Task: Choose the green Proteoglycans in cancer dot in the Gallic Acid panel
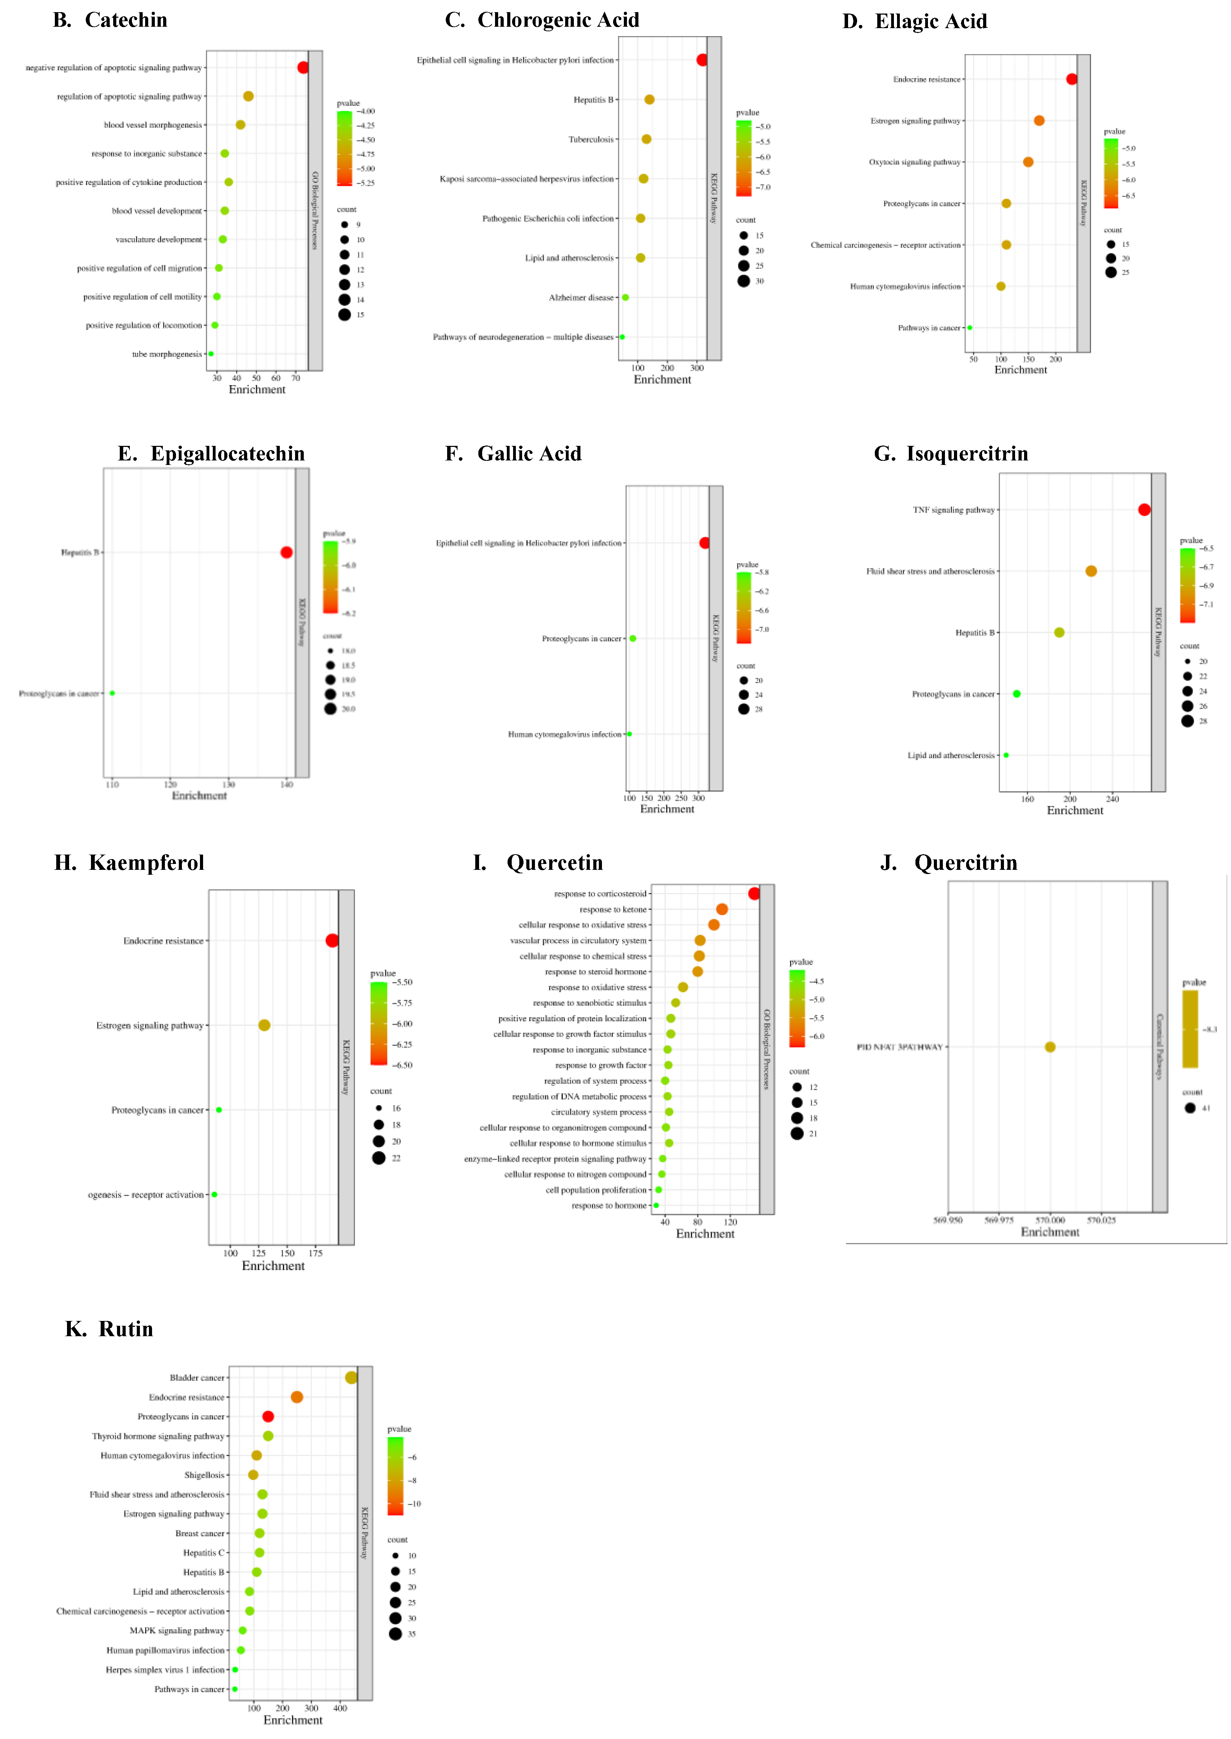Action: point(633,638)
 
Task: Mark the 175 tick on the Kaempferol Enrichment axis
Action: point(315,1253)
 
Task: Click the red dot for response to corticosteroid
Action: point(753,894)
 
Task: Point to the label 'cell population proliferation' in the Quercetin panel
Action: point(596,1190)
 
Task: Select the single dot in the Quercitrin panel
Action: point(1050,1047)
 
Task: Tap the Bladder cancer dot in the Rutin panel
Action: point(351,1378)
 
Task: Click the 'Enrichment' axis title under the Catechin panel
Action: point(257,390)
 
